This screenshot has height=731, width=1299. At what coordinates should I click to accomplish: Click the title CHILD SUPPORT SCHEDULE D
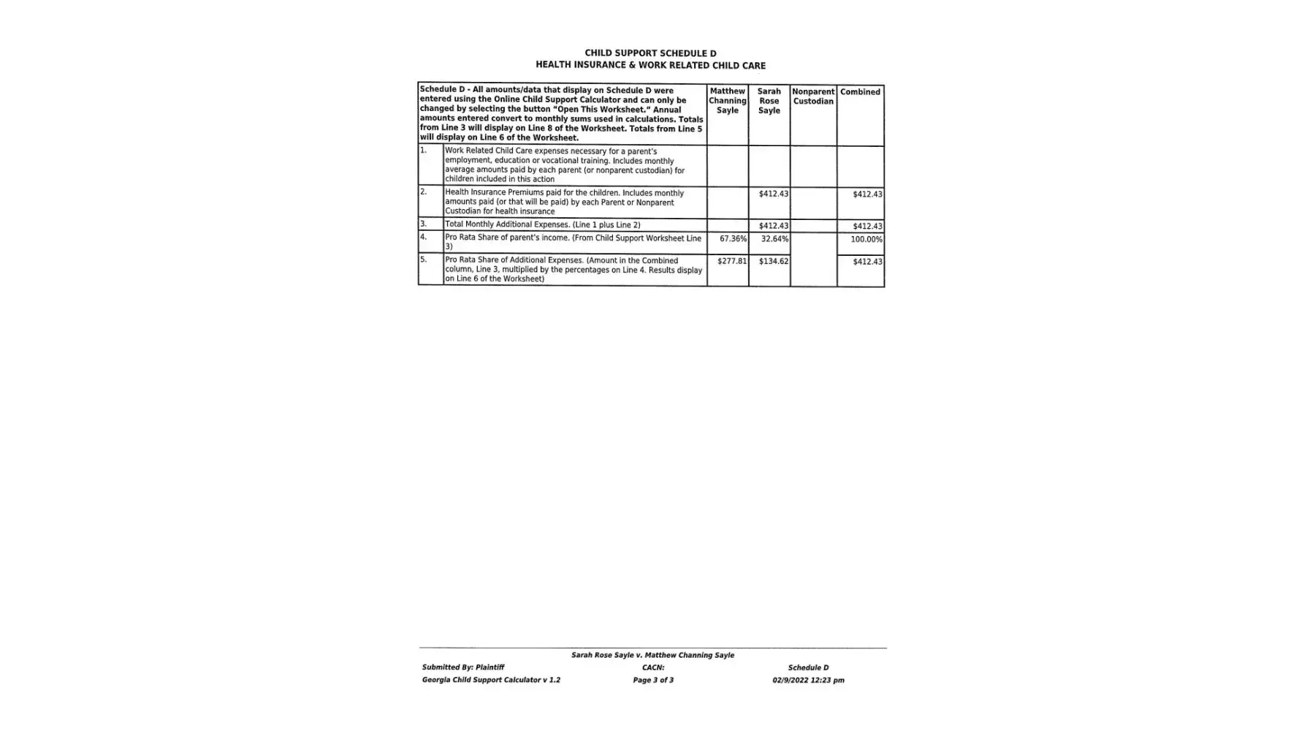pos(650,53)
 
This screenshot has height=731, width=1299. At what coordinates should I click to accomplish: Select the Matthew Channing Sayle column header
pos(727,101)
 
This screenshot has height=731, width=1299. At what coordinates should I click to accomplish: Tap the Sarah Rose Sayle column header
pos(769,101)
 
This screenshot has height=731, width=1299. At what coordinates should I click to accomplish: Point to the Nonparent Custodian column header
pos(813,96)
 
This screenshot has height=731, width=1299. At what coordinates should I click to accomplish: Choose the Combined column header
pos(860,92)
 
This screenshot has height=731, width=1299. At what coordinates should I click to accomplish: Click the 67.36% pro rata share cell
pos(733,239)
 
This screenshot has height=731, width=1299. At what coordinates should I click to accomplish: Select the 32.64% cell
pos(774,239)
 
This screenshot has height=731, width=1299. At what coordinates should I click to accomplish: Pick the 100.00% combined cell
pos(866,239)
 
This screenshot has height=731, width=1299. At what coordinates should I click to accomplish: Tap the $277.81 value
pos(731,261)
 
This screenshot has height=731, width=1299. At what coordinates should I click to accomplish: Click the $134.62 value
pos(773,261)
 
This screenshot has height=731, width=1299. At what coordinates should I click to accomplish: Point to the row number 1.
pos(423,150)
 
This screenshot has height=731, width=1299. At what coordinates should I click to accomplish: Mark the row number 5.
pos(423,260)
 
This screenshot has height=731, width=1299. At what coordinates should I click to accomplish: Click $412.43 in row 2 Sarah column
pos(773,194)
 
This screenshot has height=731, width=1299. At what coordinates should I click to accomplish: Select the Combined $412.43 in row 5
pos(867,262)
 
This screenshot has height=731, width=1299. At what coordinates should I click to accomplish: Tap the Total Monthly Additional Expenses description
pos(542,224)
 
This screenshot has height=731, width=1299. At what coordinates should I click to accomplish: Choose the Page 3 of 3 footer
pos(653,681)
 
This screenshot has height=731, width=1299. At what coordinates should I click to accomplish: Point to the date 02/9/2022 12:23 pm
pos(808,681)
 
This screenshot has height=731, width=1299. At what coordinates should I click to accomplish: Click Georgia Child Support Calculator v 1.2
pos(491,681)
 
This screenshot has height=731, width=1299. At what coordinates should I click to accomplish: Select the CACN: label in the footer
pos(653,667)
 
